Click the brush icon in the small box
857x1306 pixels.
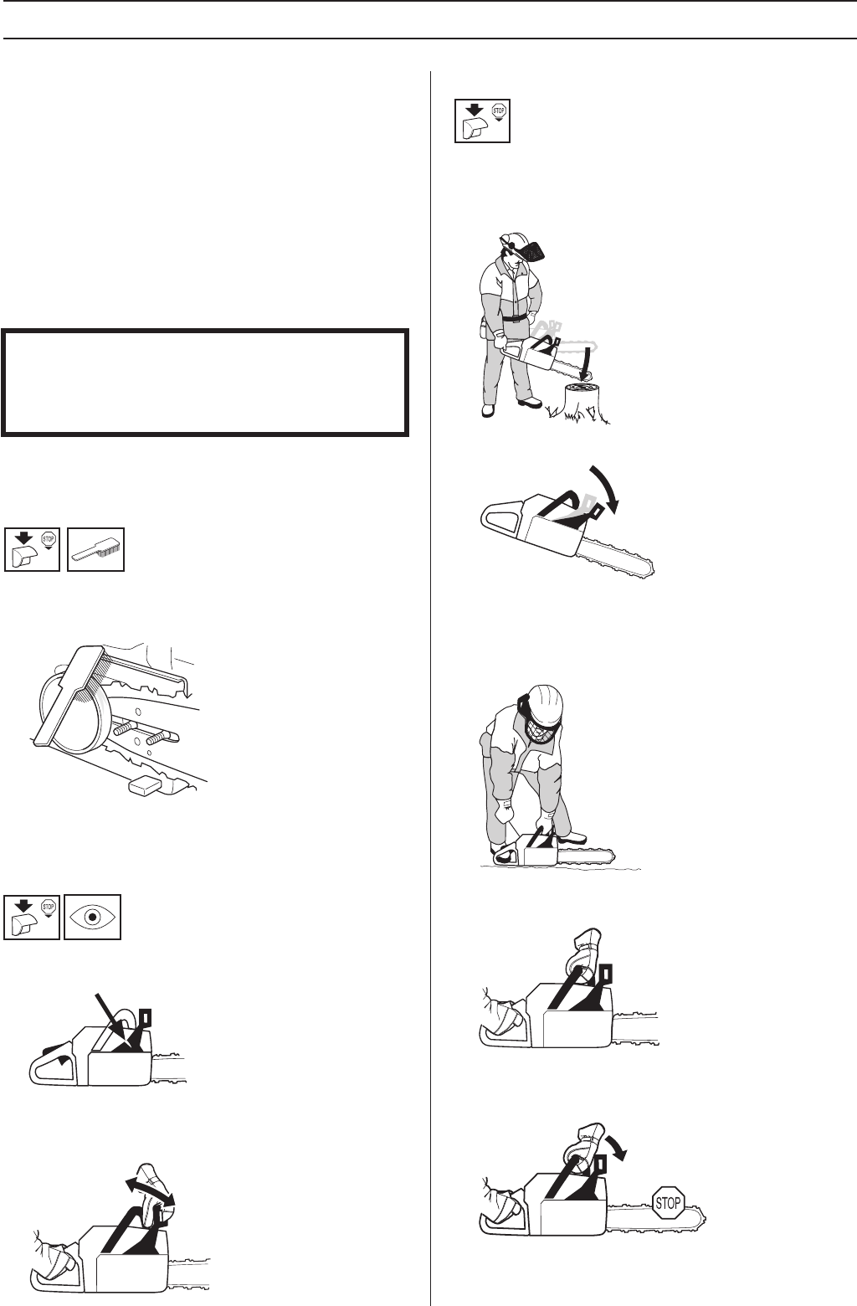point(96,549)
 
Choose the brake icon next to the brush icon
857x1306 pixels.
point(32,549)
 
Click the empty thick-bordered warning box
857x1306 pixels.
point(205,383)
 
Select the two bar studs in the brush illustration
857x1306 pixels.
point(143,732)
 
